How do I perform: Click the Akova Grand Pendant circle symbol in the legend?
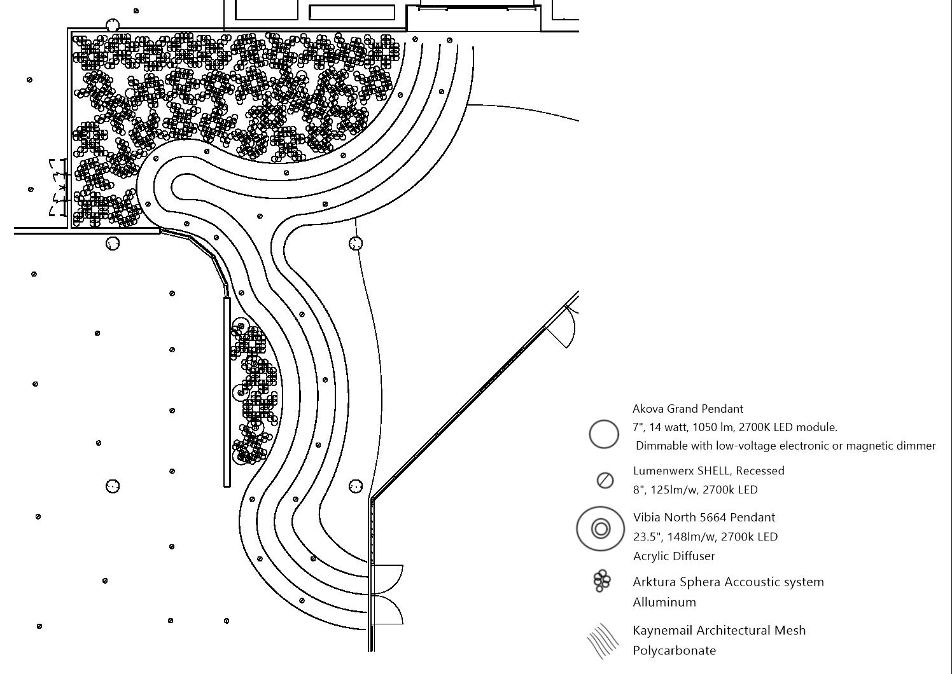[x=604, y=434]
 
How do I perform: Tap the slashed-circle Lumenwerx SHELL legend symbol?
[x=605, y=480]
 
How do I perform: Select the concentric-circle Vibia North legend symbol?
[x=601, y=528]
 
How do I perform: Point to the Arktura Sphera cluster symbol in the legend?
[x=601, y=581]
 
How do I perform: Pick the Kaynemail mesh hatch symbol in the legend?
[x=602, y=640]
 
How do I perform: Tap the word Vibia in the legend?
[x=647, y=518]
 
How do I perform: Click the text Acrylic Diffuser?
[x=674, y=556]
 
